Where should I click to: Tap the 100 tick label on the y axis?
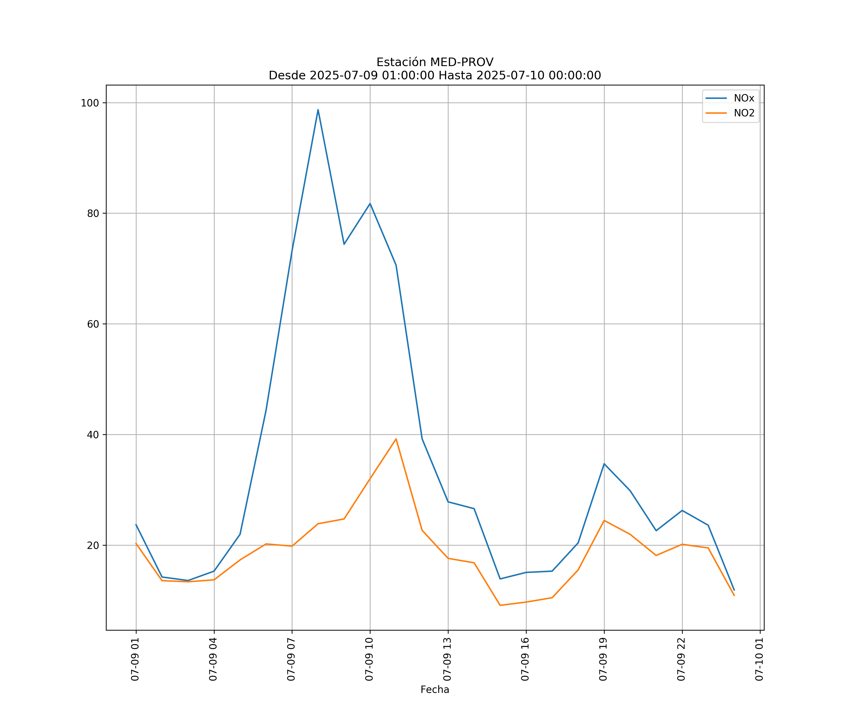90,103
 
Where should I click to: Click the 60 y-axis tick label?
93,324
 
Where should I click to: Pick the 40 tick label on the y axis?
93,435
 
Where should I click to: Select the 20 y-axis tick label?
93,545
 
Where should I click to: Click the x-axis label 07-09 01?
135,659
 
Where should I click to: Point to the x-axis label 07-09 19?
603,659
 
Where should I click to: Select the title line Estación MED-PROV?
435,62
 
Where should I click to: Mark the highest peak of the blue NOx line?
318,110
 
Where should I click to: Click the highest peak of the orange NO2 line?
396,439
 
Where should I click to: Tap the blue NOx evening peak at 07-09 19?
604,464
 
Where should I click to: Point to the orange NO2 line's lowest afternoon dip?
500,605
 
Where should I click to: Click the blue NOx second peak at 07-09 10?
370,203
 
